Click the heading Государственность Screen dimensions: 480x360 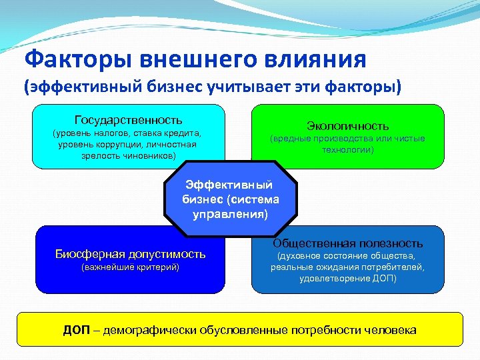tap(128, 120)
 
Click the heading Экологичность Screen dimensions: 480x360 tap(347, 125)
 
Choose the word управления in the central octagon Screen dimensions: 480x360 tap(229, 215)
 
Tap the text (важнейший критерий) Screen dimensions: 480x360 tap(130, 267)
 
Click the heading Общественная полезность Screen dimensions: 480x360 tap(347, 243)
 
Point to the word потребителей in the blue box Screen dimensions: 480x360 tap(396, 267)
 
